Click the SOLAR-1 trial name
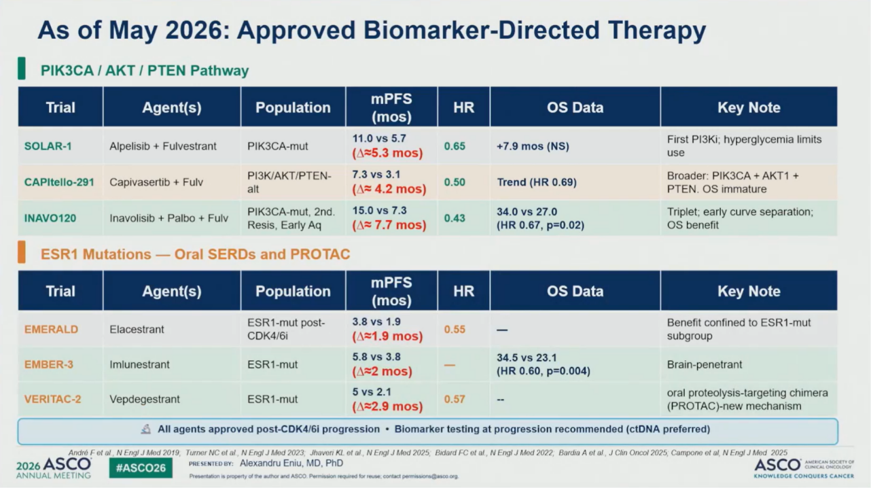coord(48,146)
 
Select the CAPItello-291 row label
coord(59,182)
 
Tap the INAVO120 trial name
coord(50,218)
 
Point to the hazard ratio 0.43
coord(455,218)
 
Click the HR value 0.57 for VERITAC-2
coord(455,400)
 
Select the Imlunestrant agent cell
coord(139,364)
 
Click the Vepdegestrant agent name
coord(144,400)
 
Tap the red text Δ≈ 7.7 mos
coord(389,225)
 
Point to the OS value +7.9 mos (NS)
coord(533,146)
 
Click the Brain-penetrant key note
coord(704,364)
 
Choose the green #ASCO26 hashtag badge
coord(141,468)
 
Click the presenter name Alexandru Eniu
coord(291,463)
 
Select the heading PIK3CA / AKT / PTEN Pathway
coord(145,71)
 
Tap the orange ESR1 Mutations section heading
coord(195,254)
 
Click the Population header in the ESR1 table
coord(293,292)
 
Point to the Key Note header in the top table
coord(749,107)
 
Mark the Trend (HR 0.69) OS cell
coord(537,182)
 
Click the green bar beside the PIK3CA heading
coord(22,69)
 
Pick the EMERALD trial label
coord(51,330)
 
